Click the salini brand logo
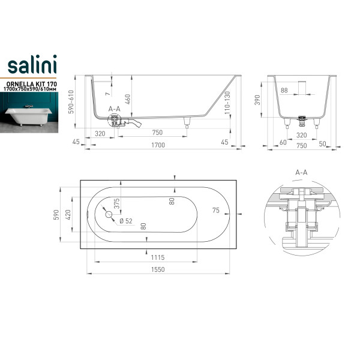click(x=32, y=64)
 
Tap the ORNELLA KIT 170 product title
click(x=32, y=84)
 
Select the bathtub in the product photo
click(x=28, y=116)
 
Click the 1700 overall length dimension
click(x=158, y=145)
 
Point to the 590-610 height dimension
click(x=71, y=102)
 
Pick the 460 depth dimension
click(x=128, y=99)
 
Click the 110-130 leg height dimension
click(x=227, y=103)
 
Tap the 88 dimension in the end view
click(x=284, y=90)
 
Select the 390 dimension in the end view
click(x=257, y=100)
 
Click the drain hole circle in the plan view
click(x=109, y=215)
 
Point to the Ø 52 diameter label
click(x=126, y=221)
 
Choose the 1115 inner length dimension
click(x=157, y=257)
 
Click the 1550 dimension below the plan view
click(x=158, y=269)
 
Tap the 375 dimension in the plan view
click(x=116, y=203)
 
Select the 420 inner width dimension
click(x=68, y=215)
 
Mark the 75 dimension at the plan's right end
click(x=216, y=211)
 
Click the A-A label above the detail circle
click(x=301, y=172)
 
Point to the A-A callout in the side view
click(x=115, y=109)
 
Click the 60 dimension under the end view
click(x=283, y=142)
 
